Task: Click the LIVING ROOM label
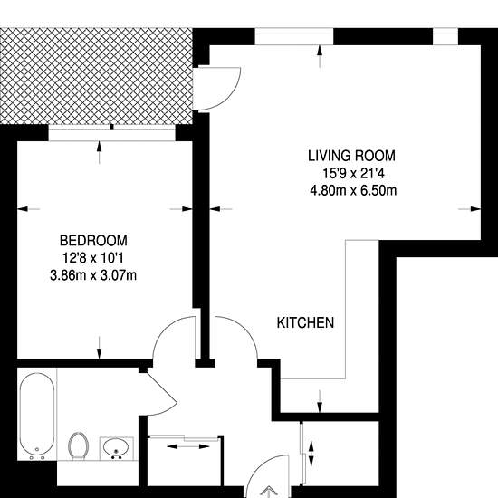click(x=351, y=156)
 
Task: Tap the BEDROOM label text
click(x=93, y=241)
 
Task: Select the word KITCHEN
click(x=305, y=322)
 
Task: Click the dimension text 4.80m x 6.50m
click(x=353, y=191)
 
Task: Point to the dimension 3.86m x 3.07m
click(x=93, y=275)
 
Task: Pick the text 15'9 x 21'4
click(x=353, y=174)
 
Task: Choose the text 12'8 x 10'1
click(x=93, y=258)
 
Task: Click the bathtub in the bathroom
click(x=37, y=417)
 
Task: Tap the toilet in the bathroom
click(x=78, y=445)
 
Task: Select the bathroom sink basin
click(x=116, y=447)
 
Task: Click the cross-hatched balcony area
click(x=96, y=77)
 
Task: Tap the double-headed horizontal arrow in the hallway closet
click(x=188, y=446)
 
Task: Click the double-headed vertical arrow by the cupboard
click(x=311, y=454)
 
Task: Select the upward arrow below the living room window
click(x=320, y=56)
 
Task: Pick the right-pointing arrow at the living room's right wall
click(x=469, y=209)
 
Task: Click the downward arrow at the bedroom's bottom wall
click(x=100, y=348)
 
